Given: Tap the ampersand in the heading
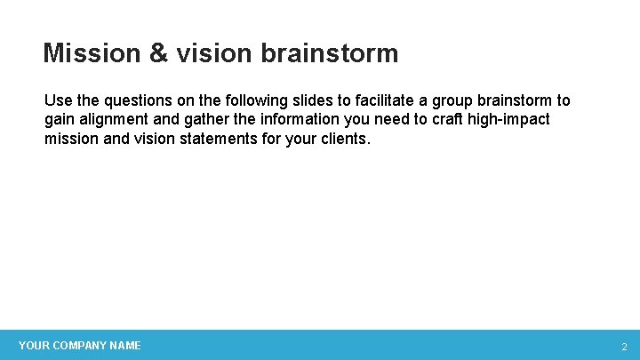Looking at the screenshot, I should (158, 53).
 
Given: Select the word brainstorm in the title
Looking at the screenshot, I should (330, 53).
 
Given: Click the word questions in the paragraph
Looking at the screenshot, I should (133, 100).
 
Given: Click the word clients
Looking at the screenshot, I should (345, 139).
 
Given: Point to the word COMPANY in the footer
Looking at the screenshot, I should (79, 346).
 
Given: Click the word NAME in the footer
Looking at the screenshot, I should (125, 346).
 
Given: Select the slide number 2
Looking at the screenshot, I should (623, 347).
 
